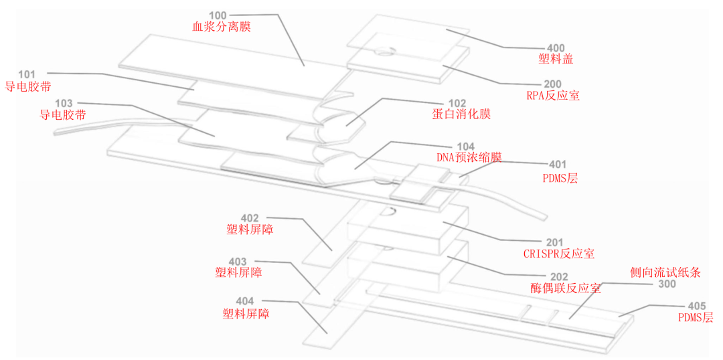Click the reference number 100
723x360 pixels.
(x=218, y=15)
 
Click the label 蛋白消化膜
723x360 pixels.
(x=461, y=114)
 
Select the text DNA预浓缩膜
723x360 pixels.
(x=469, y=157)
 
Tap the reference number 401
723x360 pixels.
(x=557, y=165)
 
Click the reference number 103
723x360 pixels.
(x=64, y=103)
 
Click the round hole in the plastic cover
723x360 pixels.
(x=385, y=50)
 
